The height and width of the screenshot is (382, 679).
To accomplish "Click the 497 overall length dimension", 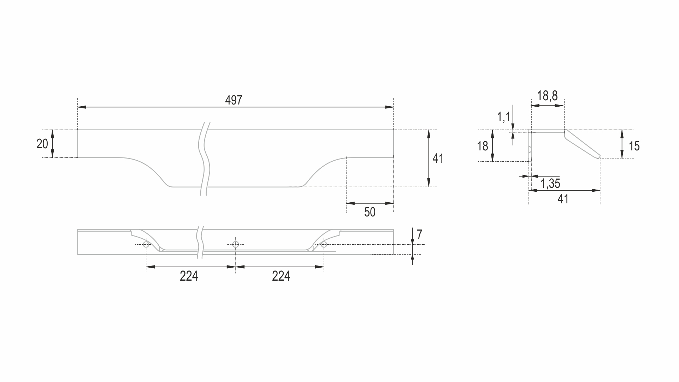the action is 234,100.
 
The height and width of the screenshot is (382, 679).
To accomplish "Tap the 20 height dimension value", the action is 42,144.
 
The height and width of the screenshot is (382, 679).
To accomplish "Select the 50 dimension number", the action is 370,212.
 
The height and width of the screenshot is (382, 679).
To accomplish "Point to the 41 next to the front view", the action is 438,159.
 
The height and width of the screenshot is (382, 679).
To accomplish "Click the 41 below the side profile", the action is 563,199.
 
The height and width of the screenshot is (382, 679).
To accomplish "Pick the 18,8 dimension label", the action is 547,96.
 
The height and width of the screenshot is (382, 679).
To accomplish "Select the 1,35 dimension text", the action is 550,183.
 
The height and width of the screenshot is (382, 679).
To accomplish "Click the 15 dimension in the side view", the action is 634,146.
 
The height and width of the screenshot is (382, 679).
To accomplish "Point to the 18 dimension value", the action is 482,146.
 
